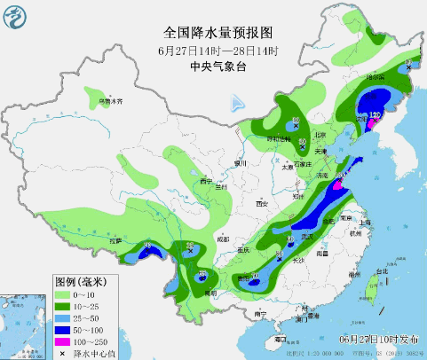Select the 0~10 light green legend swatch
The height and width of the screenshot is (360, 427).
pos(64,293)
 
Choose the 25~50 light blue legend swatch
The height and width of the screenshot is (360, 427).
pos(64,317)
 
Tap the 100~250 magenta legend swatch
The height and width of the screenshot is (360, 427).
pos(64,340)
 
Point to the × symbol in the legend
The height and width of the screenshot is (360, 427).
pos(63,353)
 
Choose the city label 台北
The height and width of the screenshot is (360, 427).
pos(383,270)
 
